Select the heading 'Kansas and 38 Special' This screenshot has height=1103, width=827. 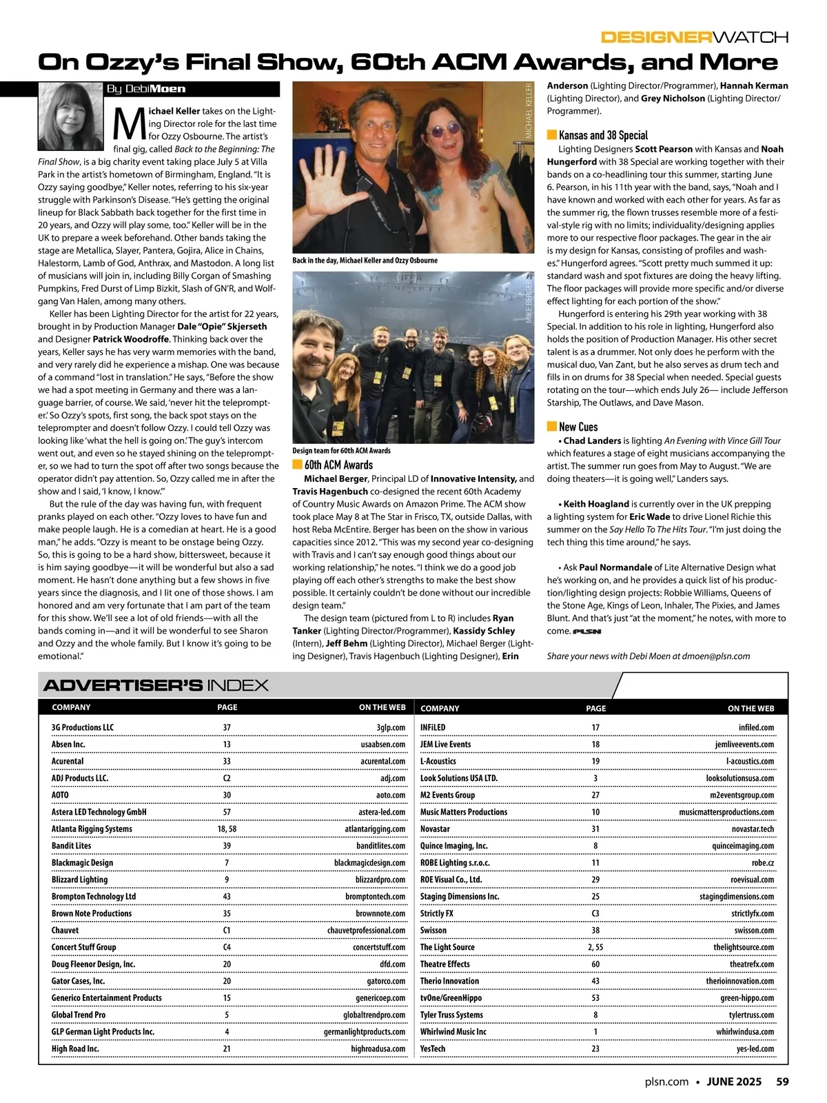pos(603,135)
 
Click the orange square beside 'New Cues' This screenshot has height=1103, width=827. pos(551,426)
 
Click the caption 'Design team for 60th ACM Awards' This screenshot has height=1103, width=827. pos(341,451)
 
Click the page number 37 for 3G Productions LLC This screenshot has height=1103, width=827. pos(227,727)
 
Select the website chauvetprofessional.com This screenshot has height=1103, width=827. pos(366,930)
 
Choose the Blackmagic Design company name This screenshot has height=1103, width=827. pos(82,862)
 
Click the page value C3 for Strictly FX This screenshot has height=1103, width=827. pos(595,913)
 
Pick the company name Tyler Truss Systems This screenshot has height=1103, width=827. pos(451,1015)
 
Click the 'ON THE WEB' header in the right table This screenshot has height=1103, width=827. pos(751,708)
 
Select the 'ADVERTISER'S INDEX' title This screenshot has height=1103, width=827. pos(156,685)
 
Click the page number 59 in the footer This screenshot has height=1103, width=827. pos(782,1082)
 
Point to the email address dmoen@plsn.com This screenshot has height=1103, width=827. pos(716,656)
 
